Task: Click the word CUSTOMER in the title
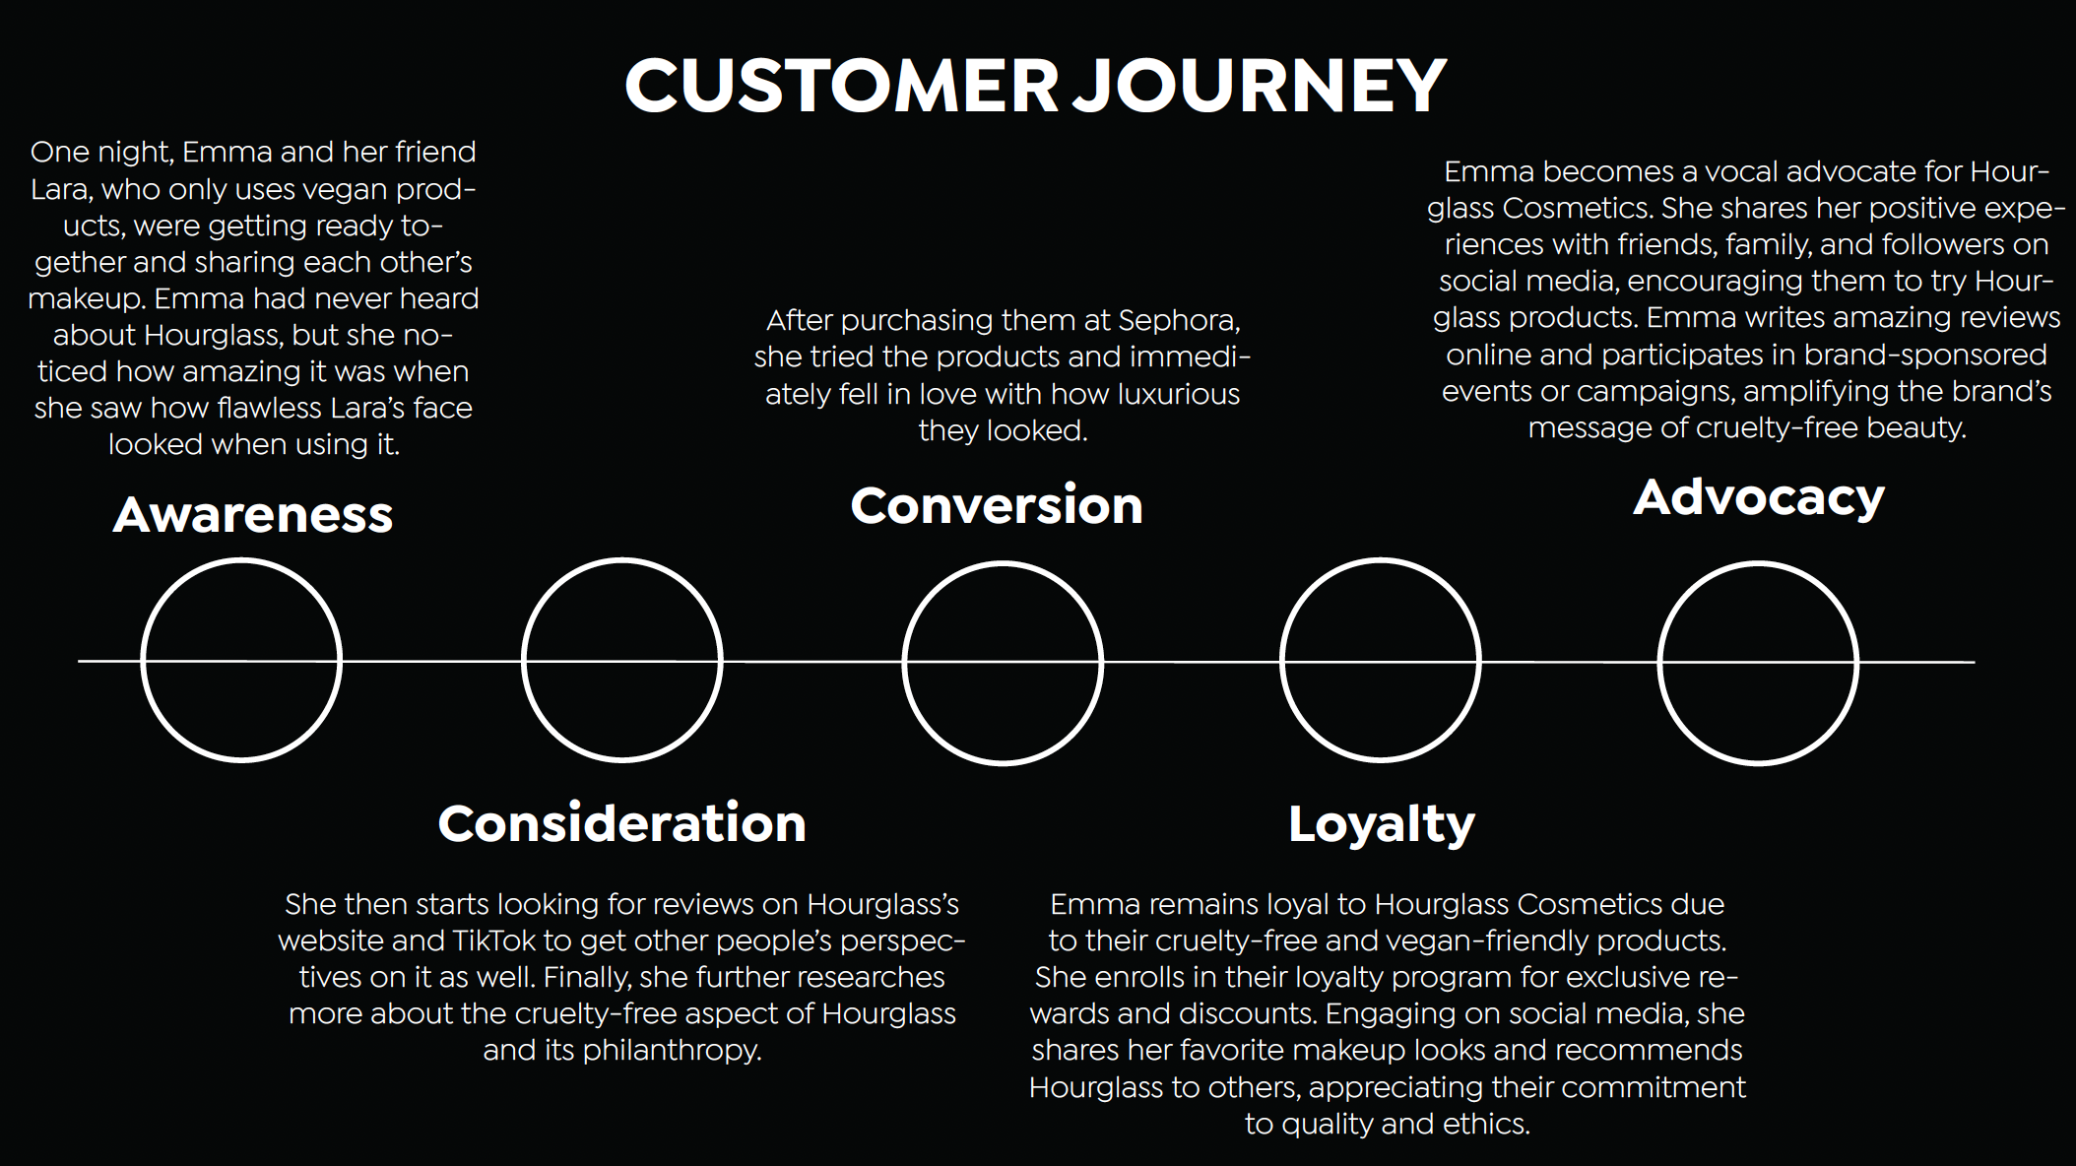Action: [841, 86]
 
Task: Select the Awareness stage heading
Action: [253, 515]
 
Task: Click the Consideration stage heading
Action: [621, 823]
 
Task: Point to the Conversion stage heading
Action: [997, 506]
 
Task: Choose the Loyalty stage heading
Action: [1381, 824]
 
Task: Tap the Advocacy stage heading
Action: [1758, 498]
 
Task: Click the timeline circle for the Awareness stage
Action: [241, 660]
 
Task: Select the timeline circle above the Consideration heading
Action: [621, 660]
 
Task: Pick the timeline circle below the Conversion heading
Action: [1003, 662]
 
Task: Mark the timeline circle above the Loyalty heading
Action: [1380, 660]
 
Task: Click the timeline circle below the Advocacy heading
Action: [1758, 662]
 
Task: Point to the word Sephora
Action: [1178, 321]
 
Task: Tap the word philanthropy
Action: [672, 1051]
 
